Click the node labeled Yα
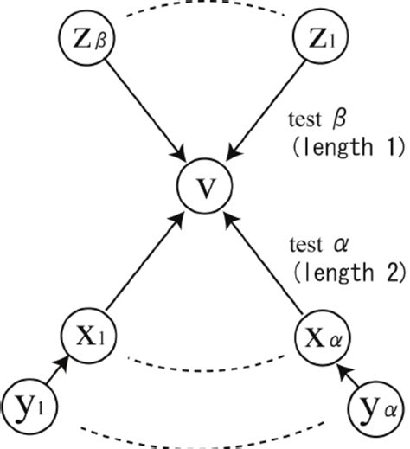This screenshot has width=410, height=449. [375, 405]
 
